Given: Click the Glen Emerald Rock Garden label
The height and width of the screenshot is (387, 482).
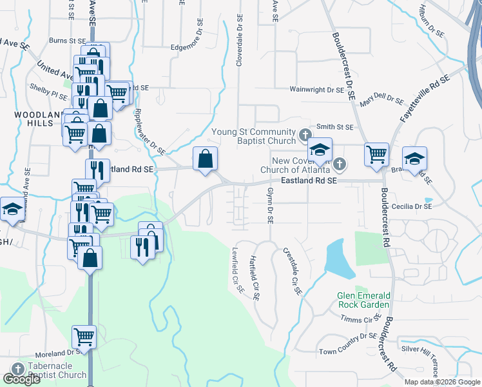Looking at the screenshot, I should pyautogui.click(x=363, y=300).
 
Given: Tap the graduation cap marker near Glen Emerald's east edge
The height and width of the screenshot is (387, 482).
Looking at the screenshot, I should pyautogui.click(x=415, y=159).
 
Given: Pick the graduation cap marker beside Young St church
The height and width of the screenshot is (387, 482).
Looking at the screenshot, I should pyautogui.click(x=318, y=150).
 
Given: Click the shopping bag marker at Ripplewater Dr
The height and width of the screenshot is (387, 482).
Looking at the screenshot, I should pyautogui.click(x=205, y=159).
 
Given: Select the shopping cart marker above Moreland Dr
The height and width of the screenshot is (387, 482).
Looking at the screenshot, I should pyautogui.click(x=84, y=337).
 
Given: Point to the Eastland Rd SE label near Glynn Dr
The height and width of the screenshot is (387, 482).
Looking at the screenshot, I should pyautogui.click(x=309, y=182).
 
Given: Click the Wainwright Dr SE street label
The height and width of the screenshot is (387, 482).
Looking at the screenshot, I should pyautogui.click(x=317, y=90).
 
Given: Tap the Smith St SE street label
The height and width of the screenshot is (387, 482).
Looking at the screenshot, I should pyautogui.click(x=334, y=128).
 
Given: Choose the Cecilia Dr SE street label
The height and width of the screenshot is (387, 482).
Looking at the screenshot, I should pyautogui.click(x=412, y=206).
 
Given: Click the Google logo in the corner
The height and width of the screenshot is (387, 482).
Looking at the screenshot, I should pyautogui.click(x=21, y=379).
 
